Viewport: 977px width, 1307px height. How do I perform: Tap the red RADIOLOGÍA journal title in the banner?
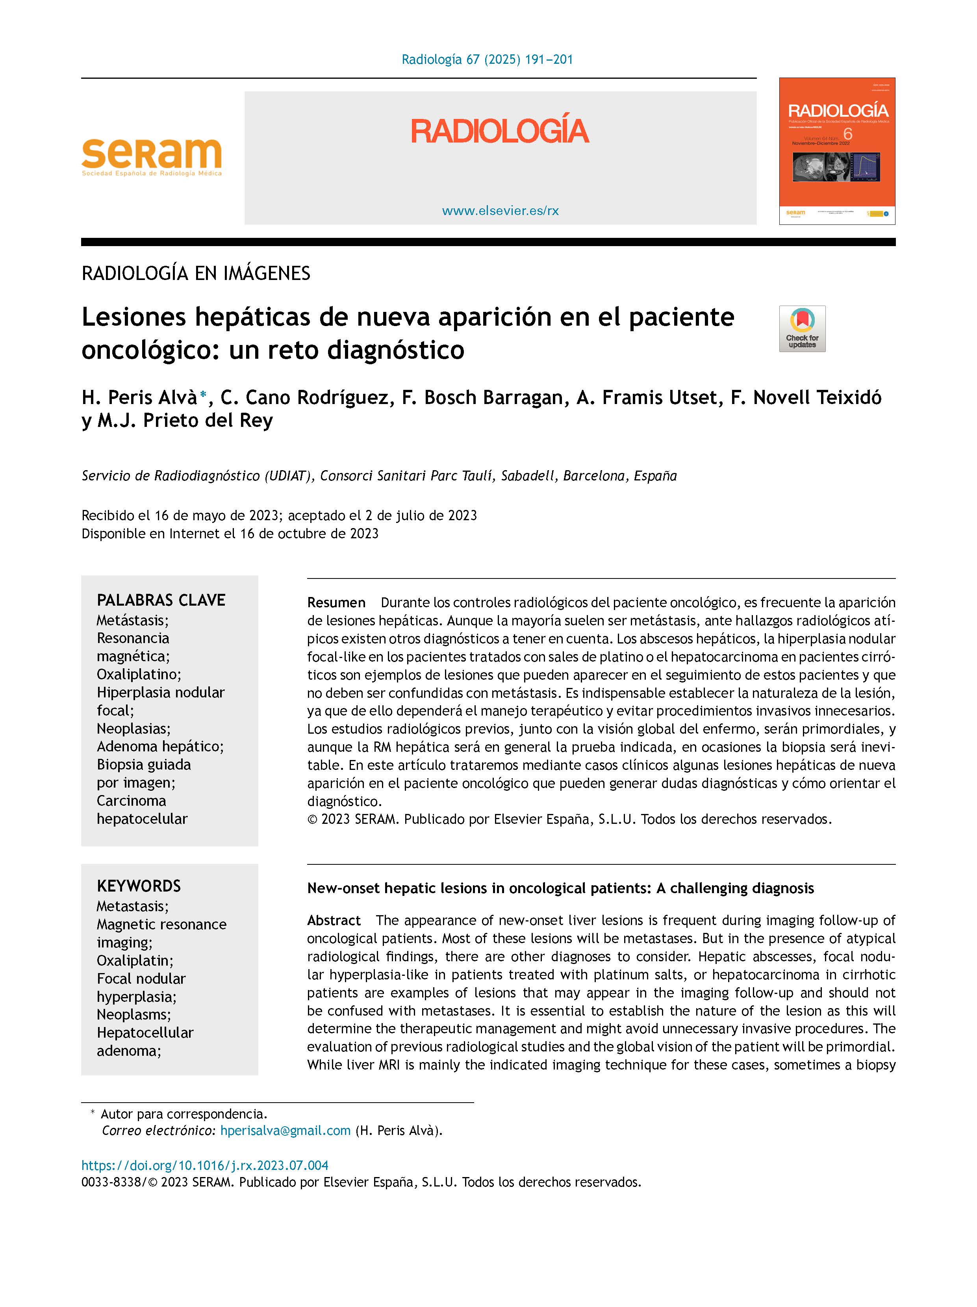[500, 131]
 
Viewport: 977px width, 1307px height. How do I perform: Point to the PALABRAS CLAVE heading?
[161, 600]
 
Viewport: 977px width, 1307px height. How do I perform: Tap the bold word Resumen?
[336, 603]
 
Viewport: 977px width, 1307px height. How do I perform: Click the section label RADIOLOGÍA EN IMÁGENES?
[195, 274]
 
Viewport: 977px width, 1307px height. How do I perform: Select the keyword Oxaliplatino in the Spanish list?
[138, 674]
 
